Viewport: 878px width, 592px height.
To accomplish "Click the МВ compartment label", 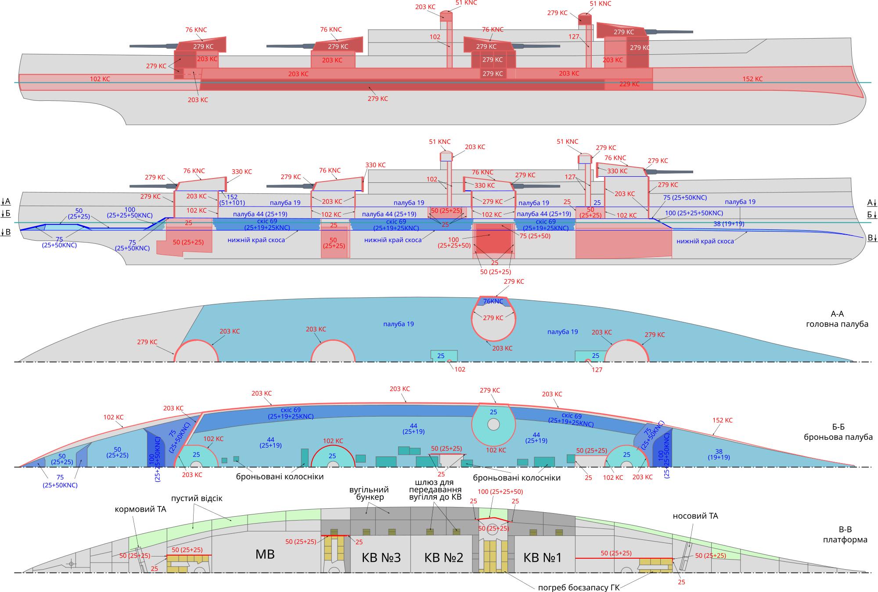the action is pos(265,554).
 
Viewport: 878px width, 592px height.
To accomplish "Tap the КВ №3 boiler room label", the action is pos(381,557).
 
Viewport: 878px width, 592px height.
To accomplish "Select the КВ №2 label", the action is pos(444,557).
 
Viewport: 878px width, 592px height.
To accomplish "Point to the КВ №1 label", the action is pos(543,557).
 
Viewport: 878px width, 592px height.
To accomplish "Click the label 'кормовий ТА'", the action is pos(140,510).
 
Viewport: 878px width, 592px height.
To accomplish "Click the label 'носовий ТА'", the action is pos(695,516).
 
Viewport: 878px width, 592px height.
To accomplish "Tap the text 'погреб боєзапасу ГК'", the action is pos(579,588).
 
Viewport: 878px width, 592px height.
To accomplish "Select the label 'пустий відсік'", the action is pos(197,499).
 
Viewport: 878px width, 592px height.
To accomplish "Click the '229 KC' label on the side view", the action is pos(629,84).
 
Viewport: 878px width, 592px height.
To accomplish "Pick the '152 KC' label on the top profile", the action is pos(752,79).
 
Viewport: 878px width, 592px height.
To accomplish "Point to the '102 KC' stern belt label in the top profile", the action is pos(100,79).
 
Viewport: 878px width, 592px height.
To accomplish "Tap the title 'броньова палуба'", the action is pos(838,437).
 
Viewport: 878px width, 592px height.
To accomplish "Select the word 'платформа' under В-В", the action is pos(845,539).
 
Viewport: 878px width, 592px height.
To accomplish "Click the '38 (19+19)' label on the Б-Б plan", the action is pos(719,454).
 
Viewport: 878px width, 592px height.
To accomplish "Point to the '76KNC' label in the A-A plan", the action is pos(493,301).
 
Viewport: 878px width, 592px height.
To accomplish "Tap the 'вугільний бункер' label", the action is pos(369,493).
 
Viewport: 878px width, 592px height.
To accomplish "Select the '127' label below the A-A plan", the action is pos(597,370).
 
